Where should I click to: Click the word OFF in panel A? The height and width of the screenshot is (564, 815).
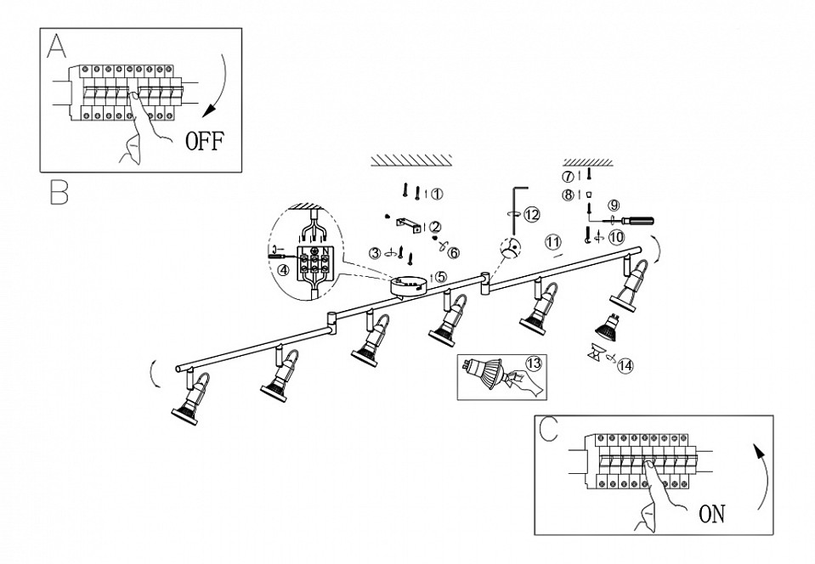[x=205, y=141]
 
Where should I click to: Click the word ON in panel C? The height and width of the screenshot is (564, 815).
[x=711, y=514]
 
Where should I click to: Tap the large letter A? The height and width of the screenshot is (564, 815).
[x=57, y=46]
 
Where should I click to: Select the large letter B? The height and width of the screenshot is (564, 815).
[x=59, y=192]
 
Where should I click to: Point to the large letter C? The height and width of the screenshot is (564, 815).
[x=548, y=428]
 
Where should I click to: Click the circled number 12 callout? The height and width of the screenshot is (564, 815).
[x=532, y=215]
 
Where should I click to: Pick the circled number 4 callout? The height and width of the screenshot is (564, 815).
[x=283, y=270]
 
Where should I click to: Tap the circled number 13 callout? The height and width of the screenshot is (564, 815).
[x=534, y=364]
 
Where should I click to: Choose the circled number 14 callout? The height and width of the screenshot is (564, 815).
[x=625, y=365]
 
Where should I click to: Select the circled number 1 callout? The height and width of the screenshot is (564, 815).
[x=437, y=194]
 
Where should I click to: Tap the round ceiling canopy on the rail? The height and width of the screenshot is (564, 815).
[x=409, y=286]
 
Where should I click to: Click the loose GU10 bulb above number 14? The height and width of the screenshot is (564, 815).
[x=608, y=327]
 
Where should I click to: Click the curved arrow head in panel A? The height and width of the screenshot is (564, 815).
[x=209, y=110]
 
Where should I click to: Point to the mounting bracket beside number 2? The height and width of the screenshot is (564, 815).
[x=408, y=224]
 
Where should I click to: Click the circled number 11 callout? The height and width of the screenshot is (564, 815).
[x=553, y=241]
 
